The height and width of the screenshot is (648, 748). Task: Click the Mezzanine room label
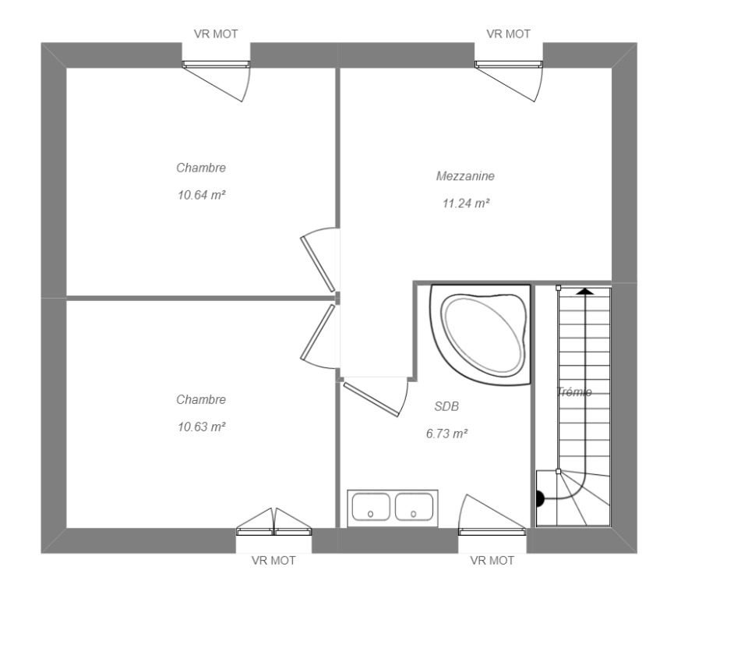click(x=465, y=176)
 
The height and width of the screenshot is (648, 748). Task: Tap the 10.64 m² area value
click(x=201, y=195)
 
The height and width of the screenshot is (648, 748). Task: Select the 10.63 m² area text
click(x=201, y=427)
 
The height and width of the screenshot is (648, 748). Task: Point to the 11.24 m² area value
click(x=466, y=204)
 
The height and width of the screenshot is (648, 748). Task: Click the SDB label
click(x=446, y=406)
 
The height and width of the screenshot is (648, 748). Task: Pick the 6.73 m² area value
click(x=446, y=434)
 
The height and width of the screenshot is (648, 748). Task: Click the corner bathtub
click(x=481, y=335)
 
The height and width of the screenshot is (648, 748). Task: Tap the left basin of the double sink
click(x=371, y=507)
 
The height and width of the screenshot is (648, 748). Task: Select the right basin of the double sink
click(x=414, y=507)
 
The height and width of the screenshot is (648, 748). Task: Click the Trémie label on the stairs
click(x=574, y=392)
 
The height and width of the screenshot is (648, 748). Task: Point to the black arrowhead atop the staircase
click(x=585, y=291)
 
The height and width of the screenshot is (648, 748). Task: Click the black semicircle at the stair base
click(x=541, y=499)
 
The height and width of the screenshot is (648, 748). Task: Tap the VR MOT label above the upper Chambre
click(x=216, y=34)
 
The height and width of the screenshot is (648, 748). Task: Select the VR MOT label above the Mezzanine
click(x=509, y=34)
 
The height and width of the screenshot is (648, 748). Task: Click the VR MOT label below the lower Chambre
click(x=273, y=561)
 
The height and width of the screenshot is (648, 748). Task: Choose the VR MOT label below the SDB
click(x=492, y=561)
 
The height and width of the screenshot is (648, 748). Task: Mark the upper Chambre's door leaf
click(x=318, y=264)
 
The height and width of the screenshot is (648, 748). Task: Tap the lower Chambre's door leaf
click(x=318, y=333)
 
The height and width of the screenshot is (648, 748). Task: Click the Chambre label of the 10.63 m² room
click(x=201, y=400)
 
